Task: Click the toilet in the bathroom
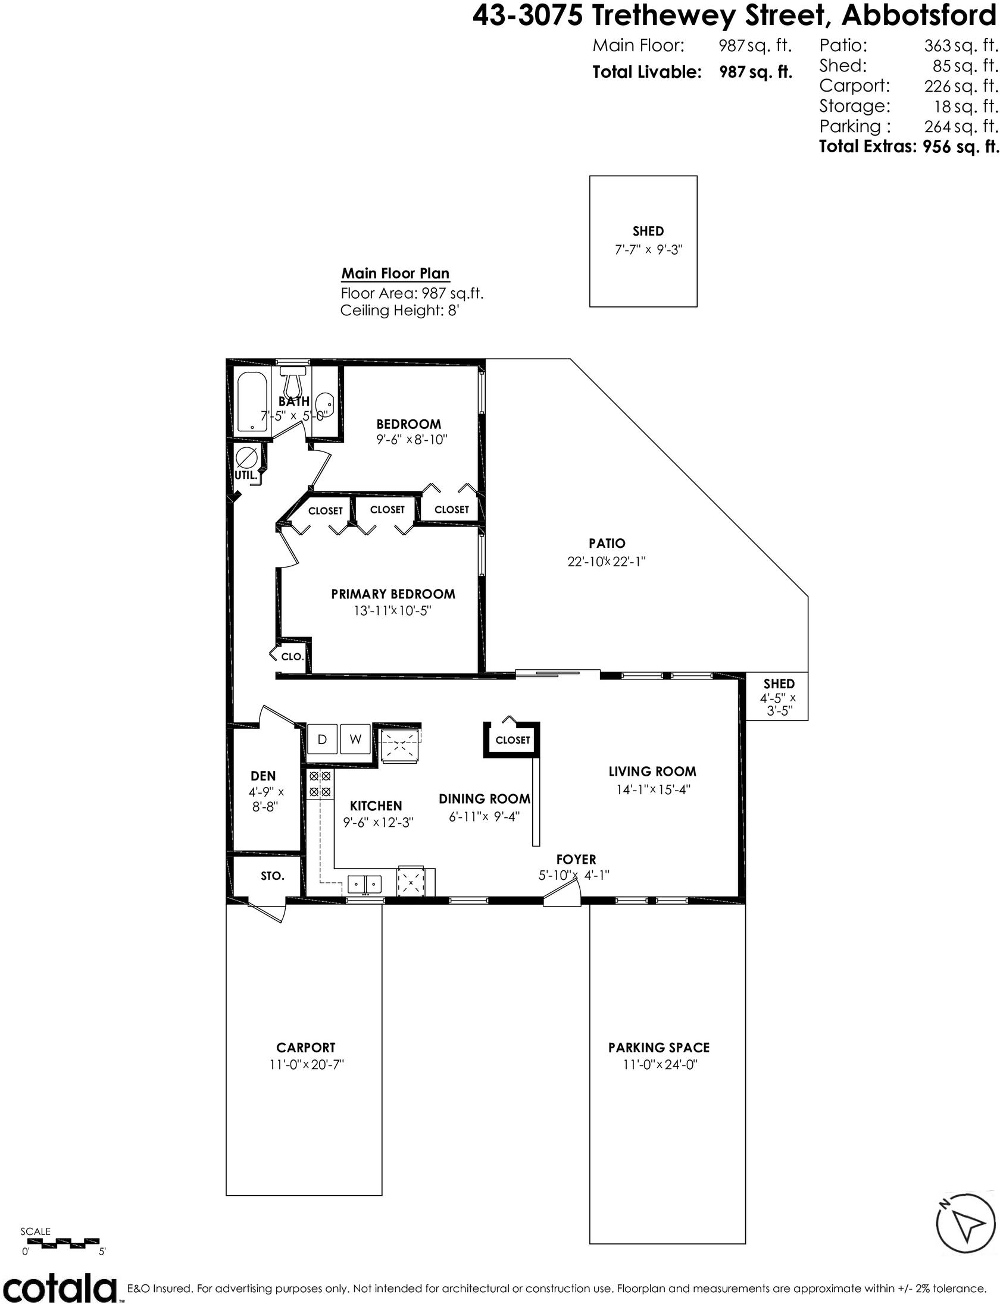(293, 383)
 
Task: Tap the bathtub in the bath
(254, 402)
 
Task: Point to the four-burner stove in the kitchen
(320, 785)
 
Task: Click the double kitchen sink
(365, 884)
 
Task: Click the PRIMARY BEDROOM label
(393, 594)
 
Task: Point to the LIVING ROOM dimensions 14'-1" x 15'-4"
(652, 789)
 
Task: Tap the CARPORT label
(306, 1048)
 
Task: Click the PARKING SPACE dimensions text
(660, 1064)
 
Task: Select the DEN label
(263, 776)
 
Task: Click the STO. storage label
(273, 876)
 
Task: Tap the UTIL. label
(246, 475)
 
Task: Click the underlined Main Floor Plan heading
(395, 274)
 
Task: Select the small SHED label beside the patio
(779, 684)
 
